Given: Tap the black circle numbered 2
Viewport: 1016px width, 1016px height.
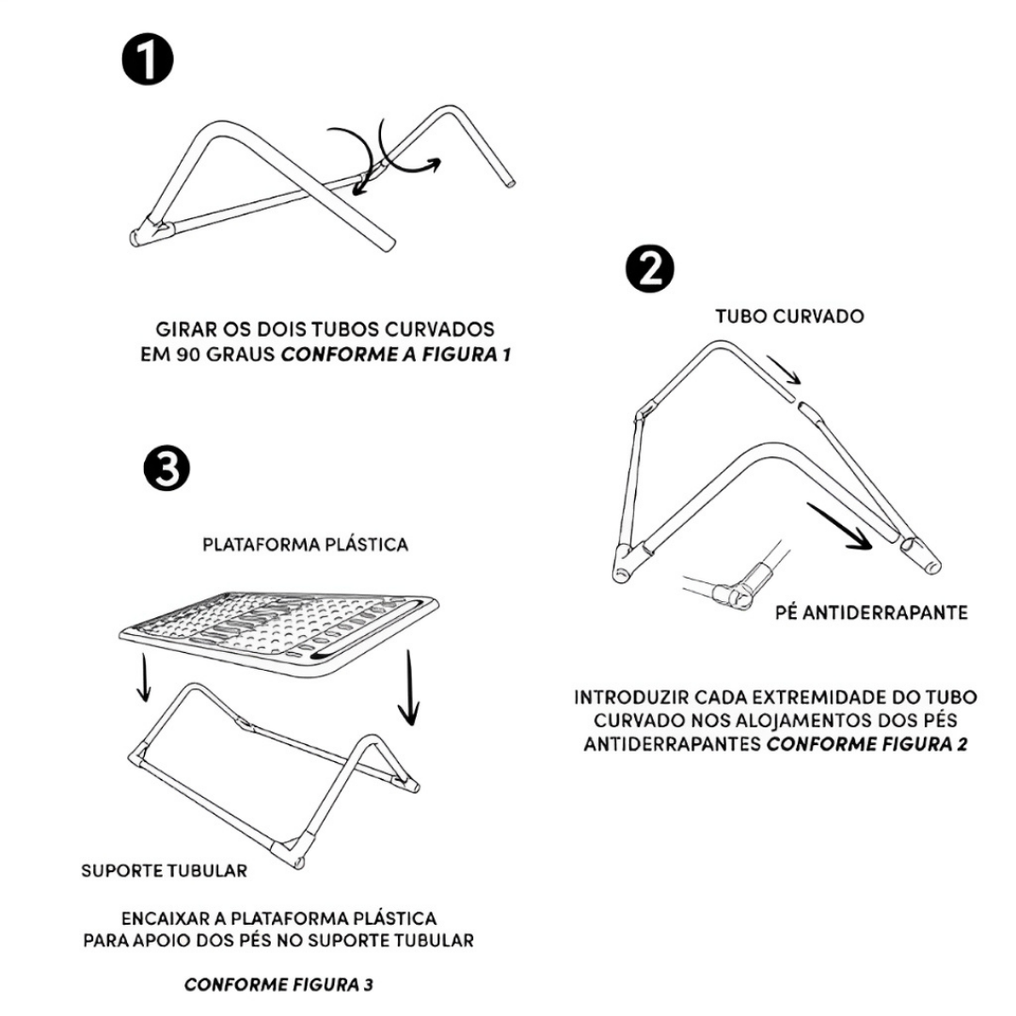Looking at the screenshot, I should tap(650, 271).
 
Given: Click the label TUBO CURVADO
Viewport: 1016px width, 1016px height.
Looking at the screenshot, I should tap(789, 317).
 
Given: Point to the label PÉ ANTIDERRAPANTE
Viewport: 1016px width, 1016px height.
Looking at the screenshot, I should tap(871, 613).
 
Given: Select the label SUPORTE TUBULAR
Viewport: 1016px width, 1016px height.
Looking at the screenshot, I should tap(165, 870).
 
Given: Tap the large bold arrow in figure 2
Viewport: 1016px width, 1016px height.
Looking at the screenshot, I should tap(838, 528).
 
